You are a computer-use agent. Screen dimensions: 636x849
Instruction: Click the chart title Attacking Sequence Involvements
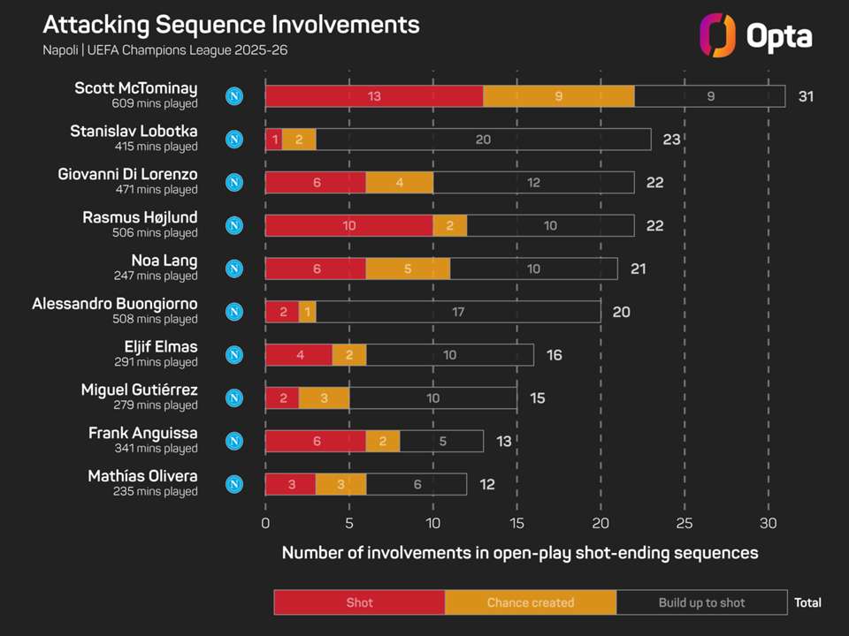(231, 24)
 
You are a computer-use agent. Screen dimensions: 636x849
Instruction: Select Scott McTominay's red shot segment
(374, 96)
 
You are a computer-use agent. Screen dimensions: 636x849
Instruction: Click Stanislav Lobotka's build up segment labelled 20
(483, 140)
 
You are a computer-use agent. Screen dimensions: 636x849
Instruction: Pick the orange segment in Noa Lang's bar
(408, 269)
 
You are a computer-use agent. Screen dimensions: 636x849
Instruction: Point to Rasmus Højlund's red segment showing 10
(349, 225)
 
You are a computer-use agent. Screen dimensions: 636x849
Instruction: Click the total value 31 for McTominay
(806, 96)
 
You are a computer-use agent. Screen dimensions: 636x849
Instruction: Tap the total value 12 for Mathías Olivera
(486, 484)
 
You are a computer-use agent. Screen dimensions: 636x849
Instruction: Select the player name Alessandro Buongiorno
(115, 304)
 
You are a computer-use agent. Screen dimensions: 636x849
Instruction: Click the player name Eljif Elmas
(161, 346)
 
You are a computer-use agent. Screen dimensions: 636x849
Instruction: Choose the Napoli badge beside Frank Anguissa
(234, 441)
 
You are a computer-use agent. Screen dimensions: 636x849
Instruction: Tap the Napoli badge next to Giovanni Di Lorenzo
(234, 183)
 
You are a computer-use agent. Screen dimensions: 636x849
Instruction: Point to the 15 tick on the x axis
(517, 523)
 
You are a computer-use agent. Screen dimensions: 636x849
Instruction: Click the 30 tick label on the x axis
(768, 523)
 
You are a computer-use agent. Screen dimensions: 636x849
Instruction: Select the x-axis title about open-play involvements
(520, 553)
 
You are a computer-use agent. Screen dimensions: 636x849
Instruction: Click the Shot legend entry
(359, 602)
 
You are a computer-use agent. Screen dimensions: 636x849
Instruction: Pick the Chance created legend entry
(531, 602)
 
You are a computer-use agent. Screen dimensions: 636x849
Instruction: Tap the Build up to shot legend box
(701, 602)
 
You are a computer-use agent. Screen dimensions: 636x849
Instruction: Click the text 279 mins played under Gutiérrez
(156, 405)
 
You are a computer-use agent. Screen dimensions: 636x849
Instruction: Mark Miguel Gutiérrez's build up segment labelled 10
(432, 398)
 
